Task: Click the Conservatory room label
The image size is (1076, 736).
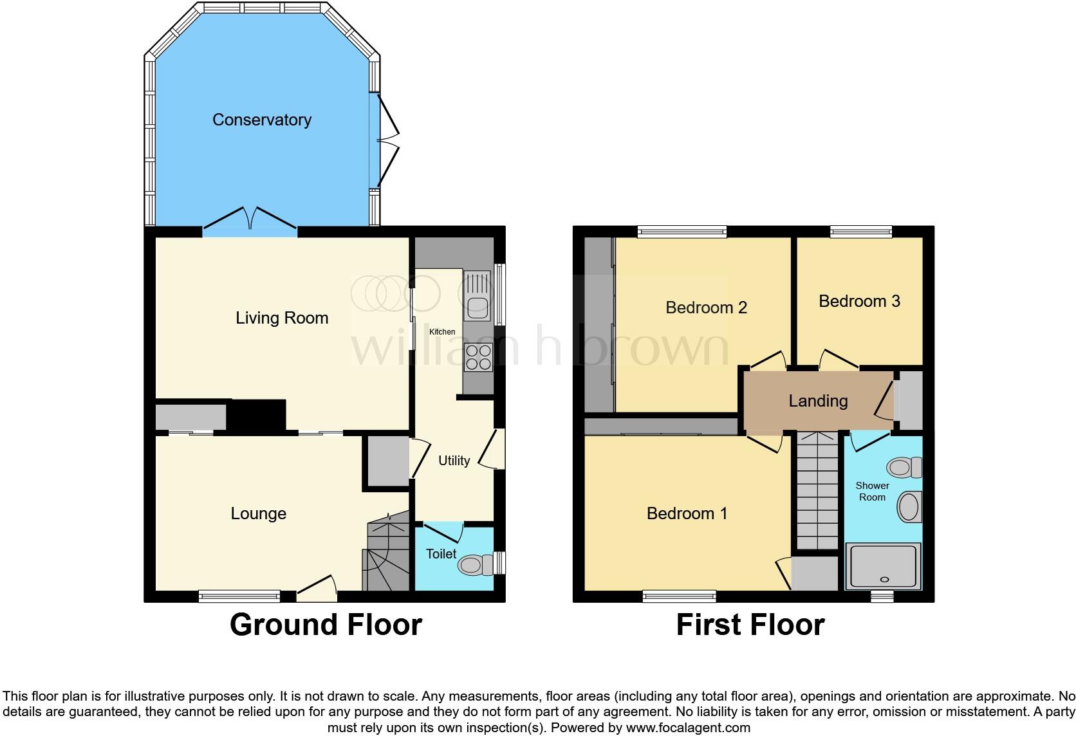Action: coord(262,120)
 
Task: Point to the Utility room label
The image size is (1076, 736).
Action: coord(454,461)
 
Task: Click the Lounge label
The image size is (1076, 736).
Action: coord(258,513)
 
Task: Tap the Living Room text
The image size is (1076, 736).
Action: coord(282,318)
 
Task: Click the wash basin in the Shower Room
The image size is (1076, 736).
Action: coord(909,506)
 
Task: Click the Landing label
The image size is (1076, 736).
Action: coord(818,401)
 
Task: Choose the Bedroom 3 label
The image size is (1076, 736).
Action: coord(859,301)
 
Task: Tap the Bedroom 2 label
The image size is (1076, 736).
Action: coord(706,308)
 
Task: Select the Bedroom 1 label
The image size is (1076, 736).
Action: coord(687,513)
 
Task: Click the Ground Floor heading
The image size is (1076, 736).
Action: coord(326,625)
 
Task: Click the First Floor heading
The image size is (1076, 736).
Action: coord(750,625)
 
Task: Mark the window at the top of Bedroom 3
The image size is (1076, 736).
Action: coord(860,232)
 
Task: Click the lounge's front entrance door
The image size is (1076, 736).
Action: coord(317,589)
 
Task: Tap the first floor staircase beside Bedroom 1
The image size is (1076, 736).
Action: coord(818,492)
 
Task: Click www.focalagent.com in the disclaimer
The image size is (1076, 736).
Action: coord(688,728)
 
